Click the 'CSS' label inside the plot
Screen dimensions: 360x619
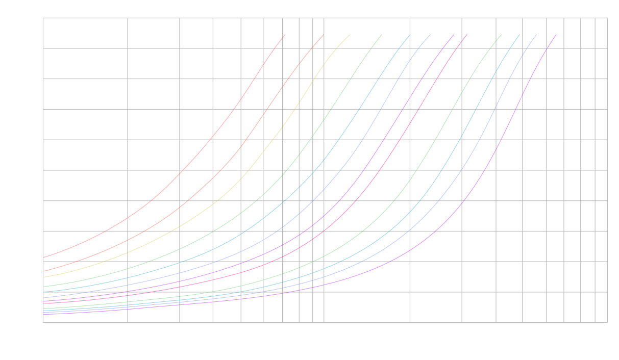click(215, 99)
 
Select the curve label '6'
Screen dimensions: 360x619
click(236, 99)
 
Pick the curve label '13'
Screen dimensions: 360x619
click(335, 99)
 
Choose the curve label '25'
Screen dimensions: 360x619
click(424, 99)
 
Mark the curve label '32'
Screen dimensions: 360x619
click(457, 99)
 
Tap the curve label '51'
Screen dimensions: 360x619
click(518, 99)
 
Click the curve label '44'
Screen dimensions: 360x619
click(499, 99)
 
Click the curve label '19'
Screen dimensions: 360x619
click(385, 99)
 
